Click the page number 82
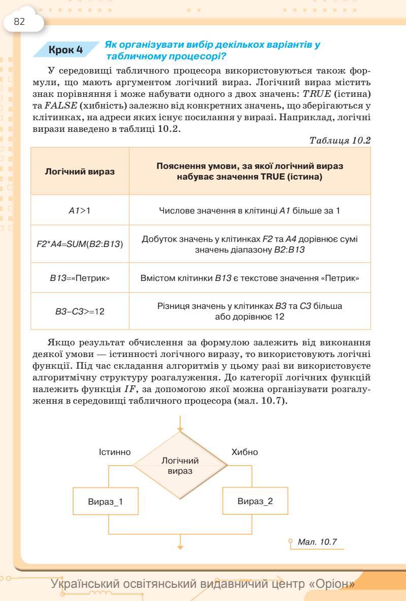click(19, 22)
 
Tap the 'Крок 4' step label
click(65, 50)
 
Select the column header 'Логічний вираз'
click(80, 171)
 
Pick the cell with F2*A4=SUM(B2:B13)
click(80, 244)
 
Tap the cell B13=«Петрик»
click(80, 278)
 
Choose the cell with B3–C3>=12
click(80, 311)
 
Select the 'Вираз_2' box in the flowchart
click(255, 501)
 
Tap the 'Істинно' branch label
click(115, 452)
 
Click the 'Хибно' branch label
click(245, 452)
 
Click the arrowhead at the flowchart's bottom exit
click(180, 546)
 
